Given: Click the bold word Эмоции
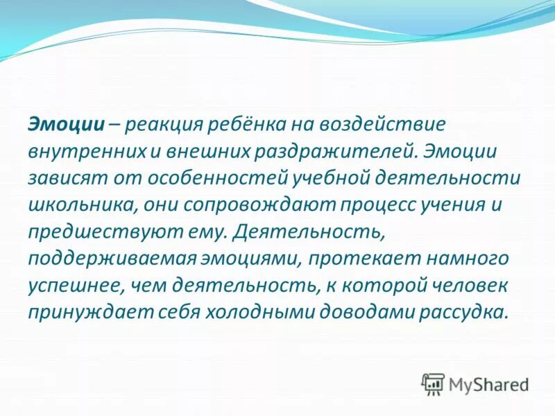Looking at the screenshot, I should [x=66, y=124].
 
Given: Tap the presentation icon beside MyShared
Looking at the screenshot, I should [x=433, y=383].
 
